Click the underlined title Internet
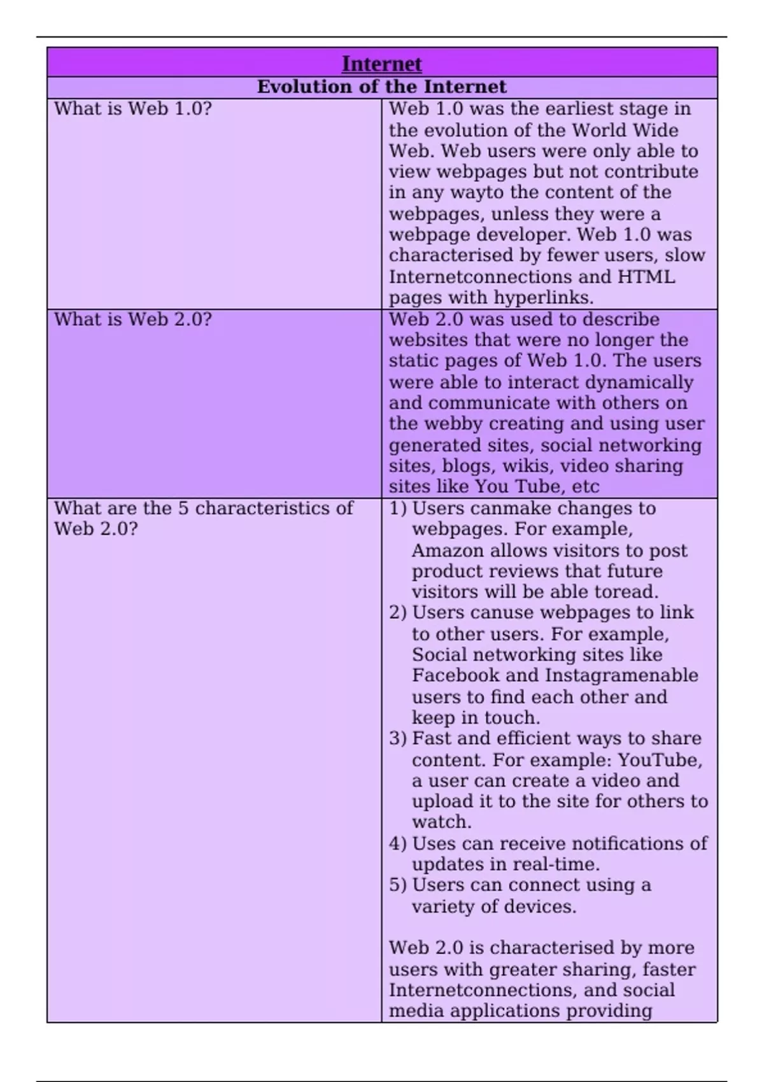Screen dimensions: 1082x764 tap(381, 64)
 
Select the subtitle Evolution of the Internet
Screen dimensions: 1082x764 tap(381, 87)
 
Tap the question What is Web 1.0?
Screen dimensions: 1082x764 tap(132, 109)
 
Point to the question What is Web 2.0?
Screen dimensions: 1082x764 tap(132, 320)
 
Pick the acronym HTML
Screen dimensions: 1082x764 tap(646, 277)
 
